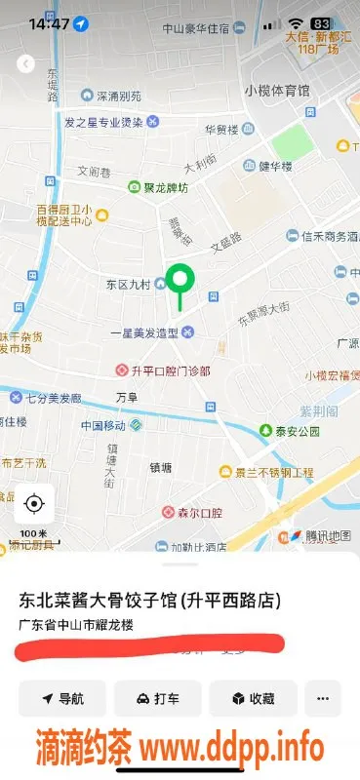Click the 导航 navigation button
click(62, 698)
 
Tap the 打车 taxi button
click(157, 698)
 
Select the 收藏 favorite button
click(252, 698)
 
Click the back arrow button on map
click(26, 64)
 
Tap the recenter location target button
click(34, 503)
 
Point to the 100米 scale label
click(34, 533)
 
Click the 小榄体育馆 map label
click(277, 91)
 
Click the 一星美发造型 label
click(143, 332)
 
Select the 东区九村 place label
click(128, 285)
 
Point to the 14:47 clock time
click(49, 23)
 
